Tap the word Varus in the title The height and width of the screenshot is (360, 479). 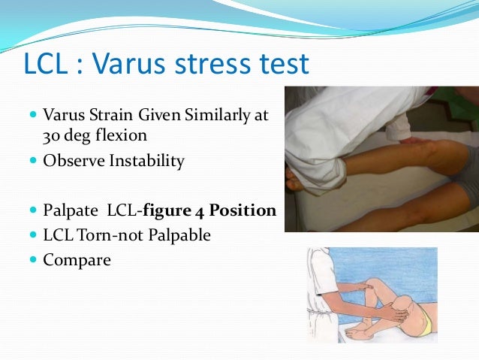tap(134, 65)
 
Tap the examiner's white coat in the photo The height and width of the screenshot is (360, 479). tap(330, 128)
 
